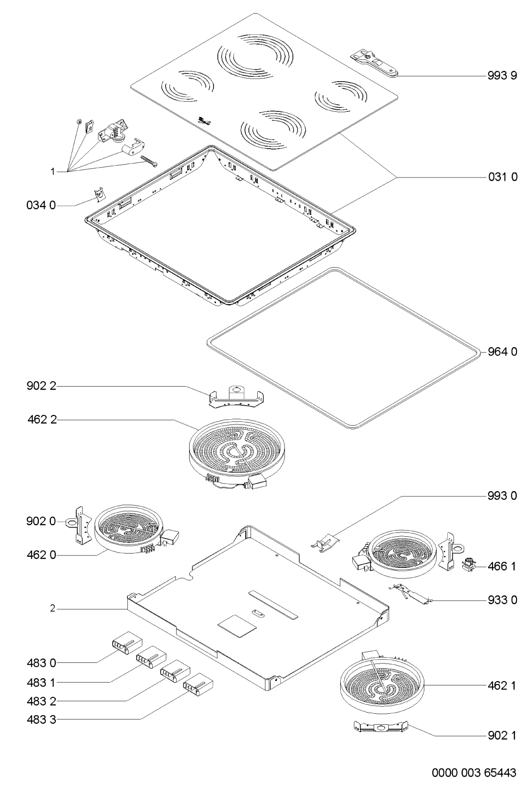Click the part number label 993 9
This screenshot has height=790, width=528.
click(502, 76)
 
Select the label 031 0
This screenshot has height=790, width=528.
click(503, 177)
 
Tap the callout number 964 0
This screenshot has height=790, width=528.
click(502, 352)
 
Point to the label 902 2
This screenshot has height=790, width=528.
click(41, 386)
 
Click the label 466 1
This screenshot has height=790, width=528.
click(502, 566)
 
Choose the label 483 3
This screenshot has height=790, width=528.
click(41, 719)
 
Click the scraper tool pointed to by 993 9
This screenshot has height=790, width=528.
click(374, 62)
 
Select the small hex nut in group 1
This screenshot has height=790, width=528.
click(79, 122)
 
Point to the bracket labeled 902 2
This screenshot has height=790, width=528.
click(237, 398)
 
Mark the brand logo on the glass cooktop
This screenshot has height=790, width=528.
click(203, 121)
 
